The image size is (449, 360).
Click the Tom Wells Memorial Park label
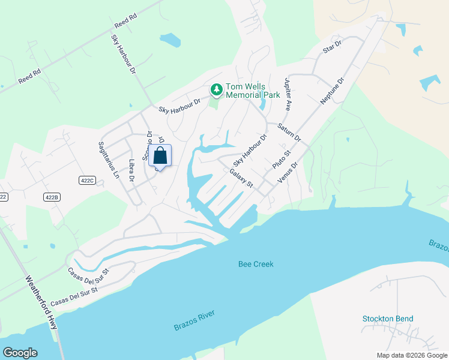point(253,91)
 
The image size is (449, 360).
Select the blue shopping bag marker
point(160,157)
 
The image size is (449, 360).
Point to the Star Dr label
point(332,47)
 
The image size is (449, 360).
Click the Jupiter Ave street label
point(288,94)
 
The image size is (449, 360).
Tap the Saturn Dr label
point(289,132)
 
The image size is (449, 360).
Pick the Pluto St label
point(281,158)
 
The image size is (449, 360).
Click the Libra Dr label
point(131,170)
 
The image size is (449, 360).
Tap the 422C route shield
point(87,179)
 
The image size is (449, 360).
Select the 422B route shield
point(52,197)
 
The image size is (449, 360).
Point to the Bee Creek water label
point(256,264)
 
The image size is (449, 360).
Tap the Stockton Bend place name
point(388,319)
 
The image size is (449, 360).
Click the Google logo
point(20,353)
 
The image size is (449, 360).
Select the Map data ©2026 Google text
point(411,355)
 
